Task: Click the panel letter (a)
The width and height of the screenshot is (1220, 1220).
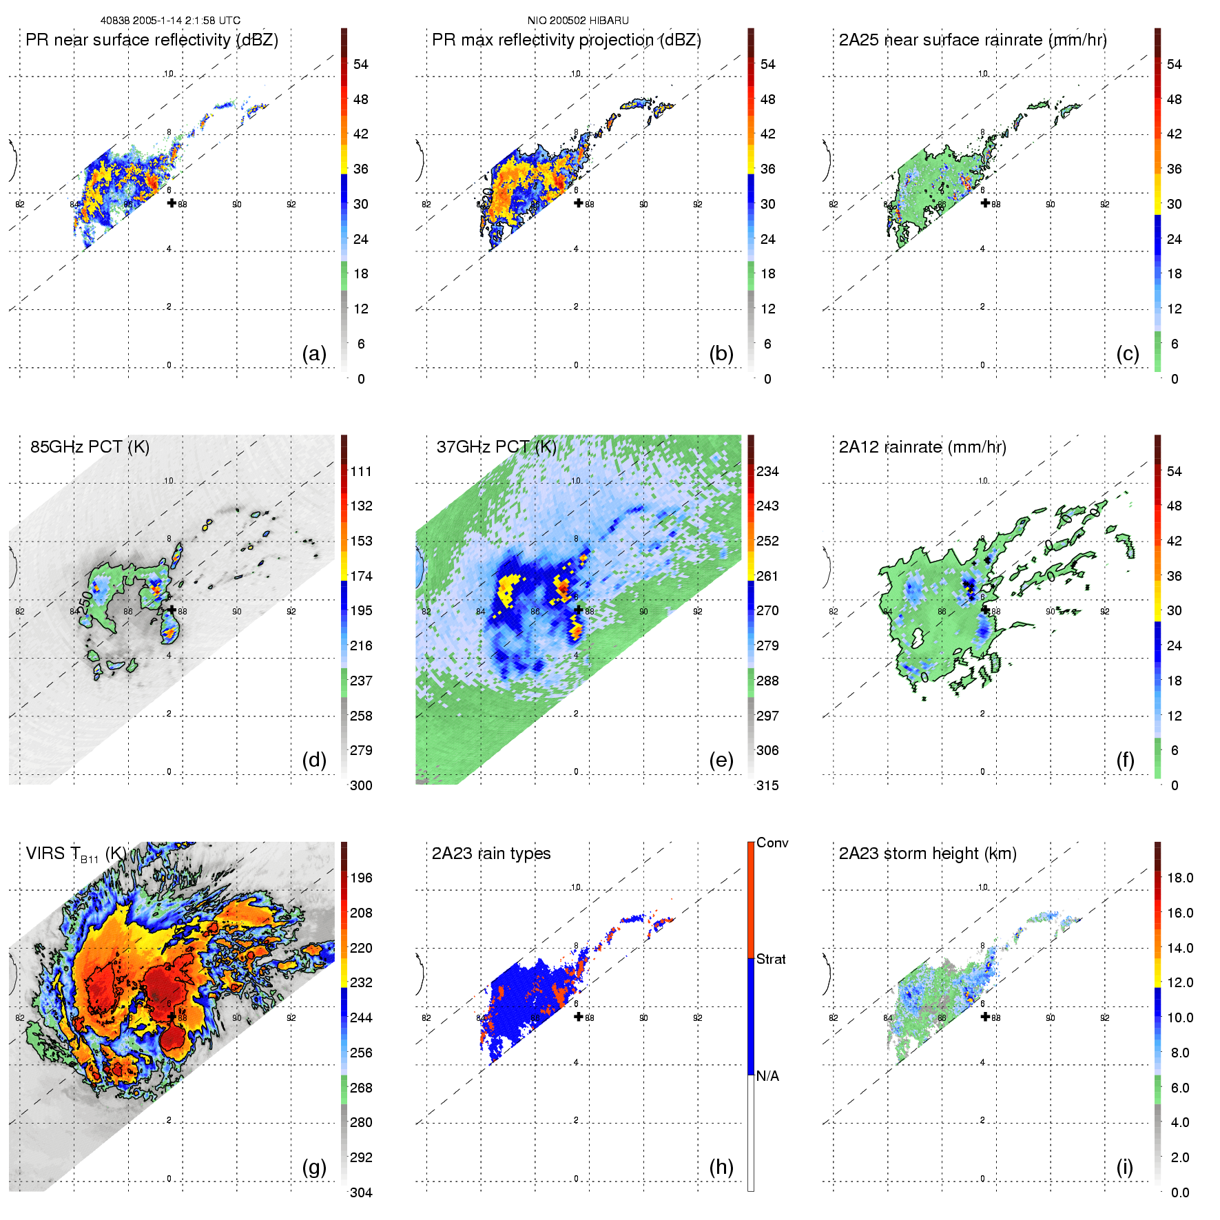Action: point(314,354)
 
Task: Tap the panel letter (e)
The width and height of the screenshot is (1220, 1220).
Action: point(721,761)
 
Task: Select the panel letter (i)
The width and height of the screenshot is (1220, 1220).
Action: point(1124,1168)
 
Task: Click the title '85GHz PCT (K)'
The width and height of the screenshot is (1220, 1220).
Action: point(90,447)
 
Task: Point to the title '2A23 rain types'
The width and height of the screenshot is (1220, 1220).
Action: point(491,854)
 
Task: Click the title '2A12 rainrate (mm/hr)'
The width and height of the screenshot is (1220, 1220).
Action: point(922,447)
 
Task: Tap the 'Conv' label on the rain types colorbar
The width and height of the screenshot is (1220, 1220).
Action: point(772,843)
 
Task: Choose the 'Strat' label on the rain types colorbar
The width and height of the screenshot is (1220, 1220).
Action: point(771,960)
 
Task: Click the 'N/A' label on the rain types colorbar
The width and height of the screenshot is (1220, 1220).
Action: point(767,1076)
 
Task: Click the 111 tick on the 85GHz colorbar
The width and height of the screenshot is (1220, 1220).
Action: point(361,472)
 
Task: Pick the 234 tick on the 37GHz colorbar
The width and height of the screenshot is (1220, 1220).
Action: point(767,472)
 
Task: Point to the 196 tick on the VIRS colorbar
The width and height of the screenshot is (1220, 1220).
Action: point(361,878)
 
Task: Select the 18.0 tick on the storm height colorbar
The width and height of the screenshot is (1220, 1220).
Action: point(1180,878)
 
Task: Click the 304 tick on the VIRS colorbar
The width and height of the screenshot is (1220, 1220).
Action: point(361,1192)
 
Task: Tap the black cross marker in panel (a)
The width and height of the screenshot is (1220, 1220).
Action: point(172,203)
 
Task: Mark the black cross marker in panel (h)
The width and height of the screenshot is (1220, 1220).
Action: point(579,1017)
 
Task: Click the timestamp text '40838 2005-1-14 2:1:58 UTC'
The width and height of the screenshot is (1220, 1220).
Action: point(170,21)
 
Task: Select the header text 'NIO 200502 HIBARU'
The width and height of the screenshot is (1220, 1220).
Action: point(578,21)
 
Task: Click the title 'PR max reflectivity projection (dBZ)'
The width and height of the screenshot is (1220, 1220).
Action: point(566,40)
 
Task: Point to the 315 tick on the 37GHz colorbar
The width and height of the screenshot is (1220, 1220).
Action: point(767,786)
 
